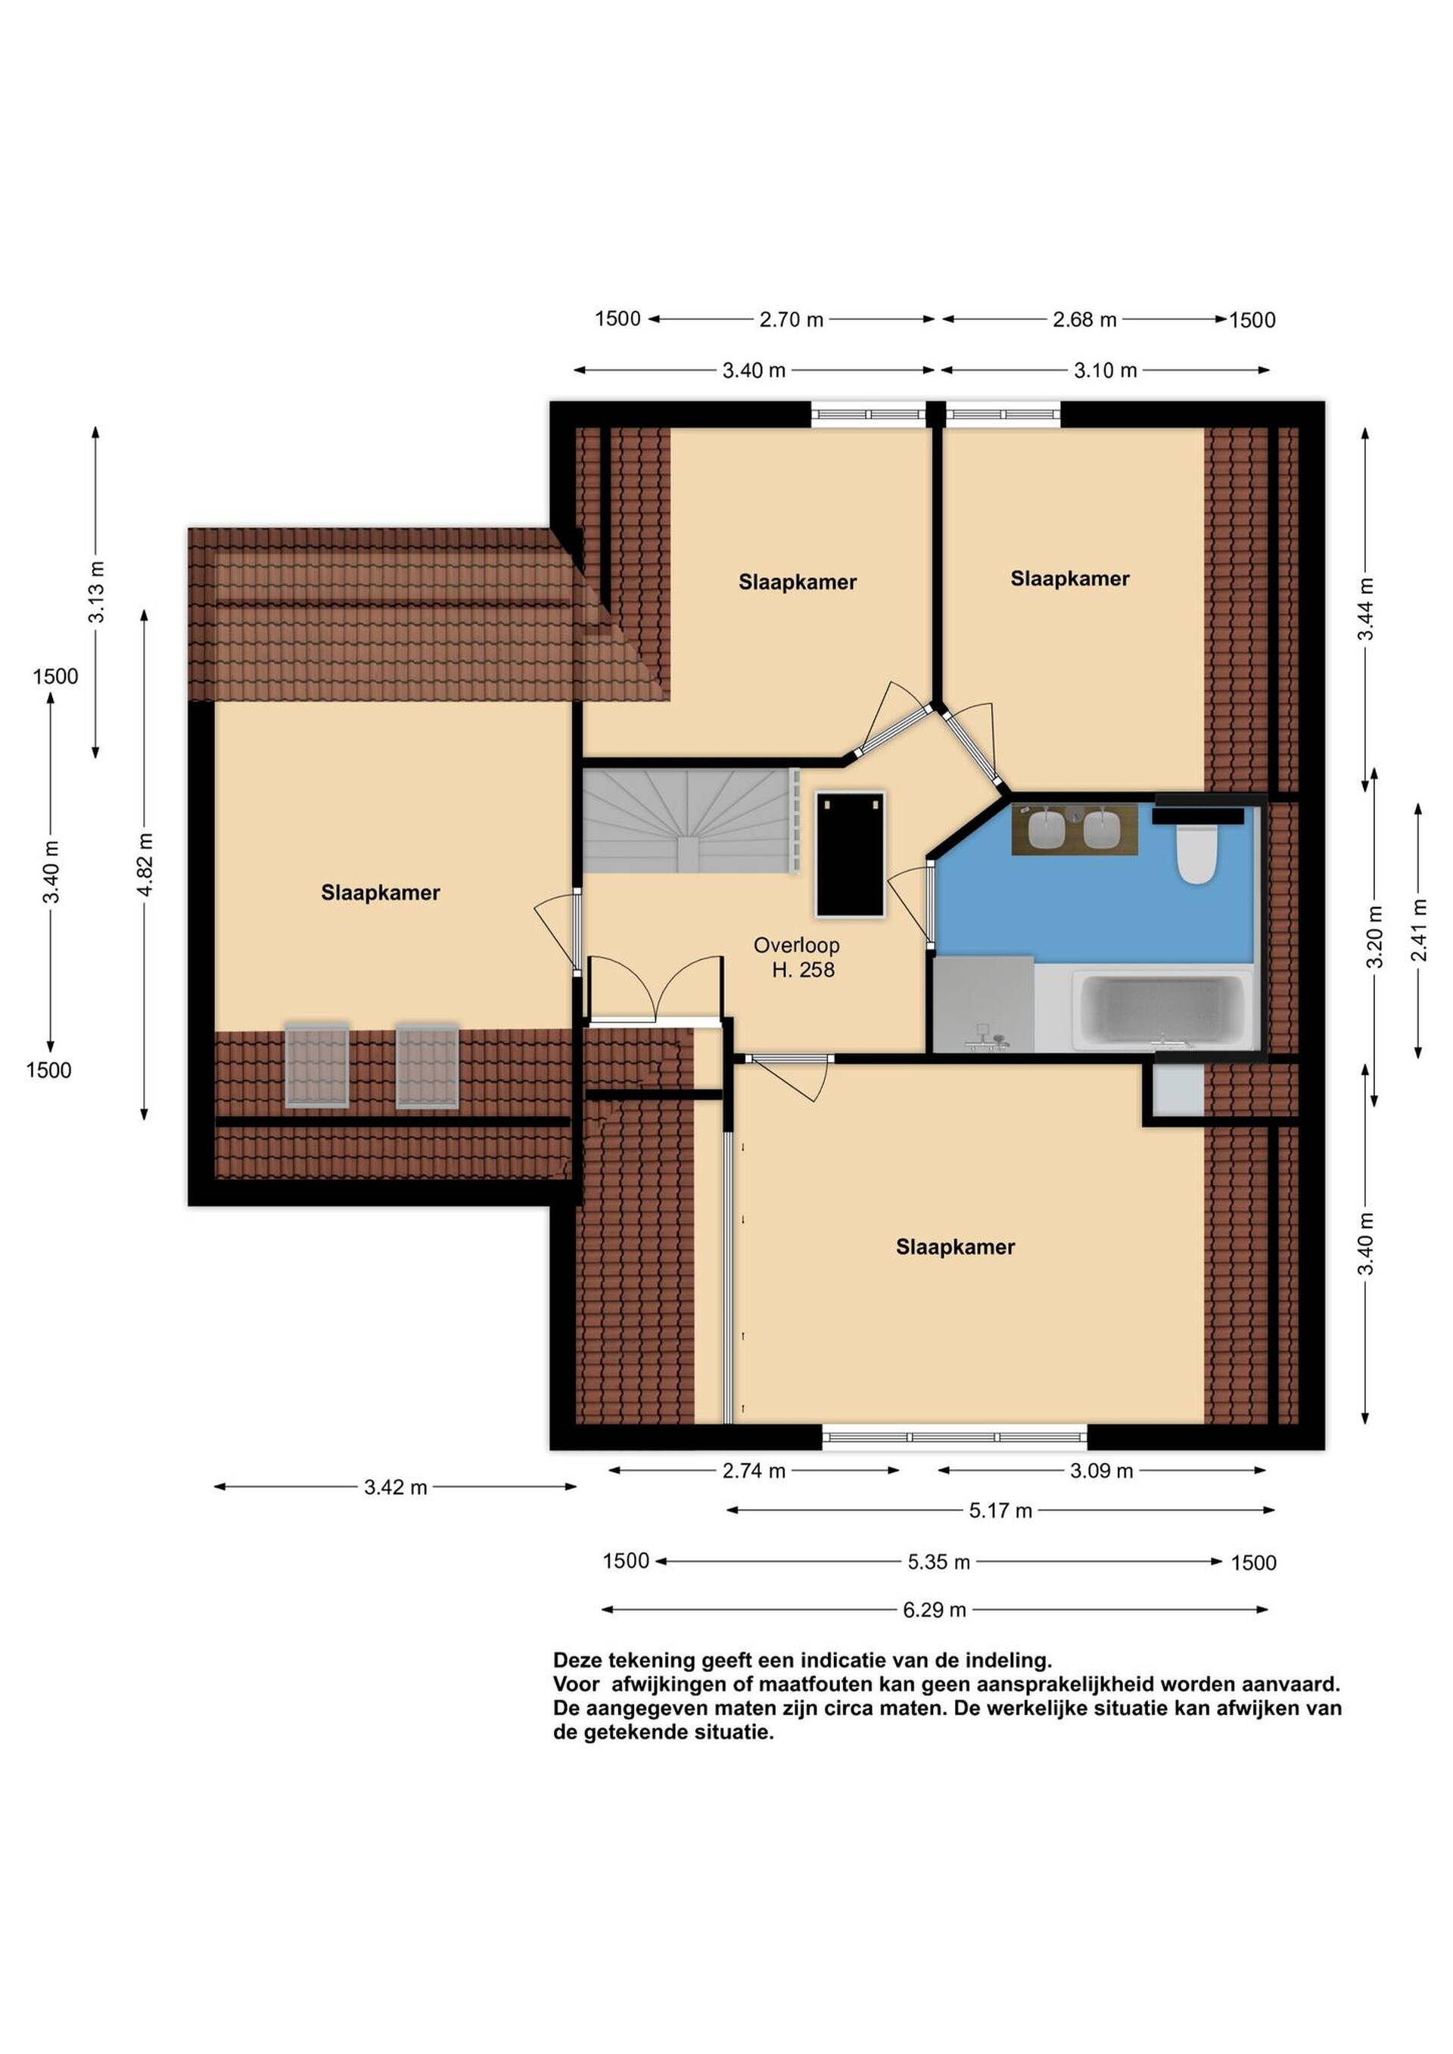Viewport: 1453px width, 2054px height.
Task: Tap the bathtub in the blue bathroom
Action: pyautogui.click(x=1163, y=1011)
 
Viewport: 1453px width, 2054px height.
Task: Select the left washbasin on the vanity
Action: pyautogui.click(x=1045, y=829)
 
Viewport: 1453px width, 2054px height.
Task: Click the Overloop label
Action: pyautogui.click(x=796, y=945)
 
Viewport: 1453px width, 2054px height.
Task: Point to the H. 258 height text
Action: pyautogui.click(x=804, y=970)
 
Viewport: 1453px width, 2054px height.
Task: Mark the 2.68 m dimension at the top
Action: pyautogui.click(x=1084, y=319)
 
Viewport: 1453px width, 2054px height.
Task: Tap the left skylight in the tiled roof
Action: pyautogui.click(x=317, y=1065)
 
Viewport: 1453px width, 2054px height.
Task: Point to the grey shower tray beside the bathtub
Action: pyautogui.click(x=983, y=1004)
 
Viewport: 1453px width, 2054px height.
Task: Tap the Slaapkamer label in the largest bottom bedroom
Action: pyautogui.click(x=956, y=1247)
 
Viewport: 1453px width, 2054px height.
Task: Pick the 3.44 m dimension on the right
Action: pyautogui.click(x=1365, y=608)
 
